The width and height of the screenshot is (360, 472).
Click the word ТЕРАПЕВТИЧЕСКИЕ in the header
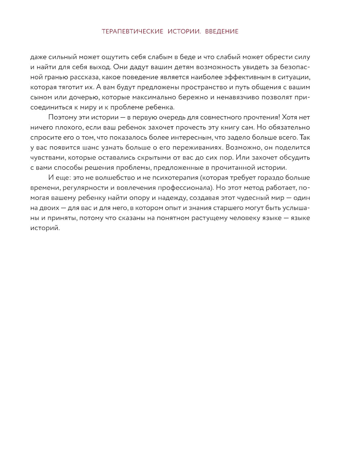point(132,32)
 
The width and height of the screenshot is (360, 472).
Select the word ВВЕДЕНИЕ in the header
point(222,32)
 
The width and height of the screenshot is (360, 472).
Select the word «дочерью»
point(86,97)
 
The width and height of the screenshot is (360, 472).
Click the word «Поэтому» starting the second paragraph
point(62,118)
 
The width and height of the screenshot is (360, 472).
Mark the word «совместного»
point(208,118)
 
